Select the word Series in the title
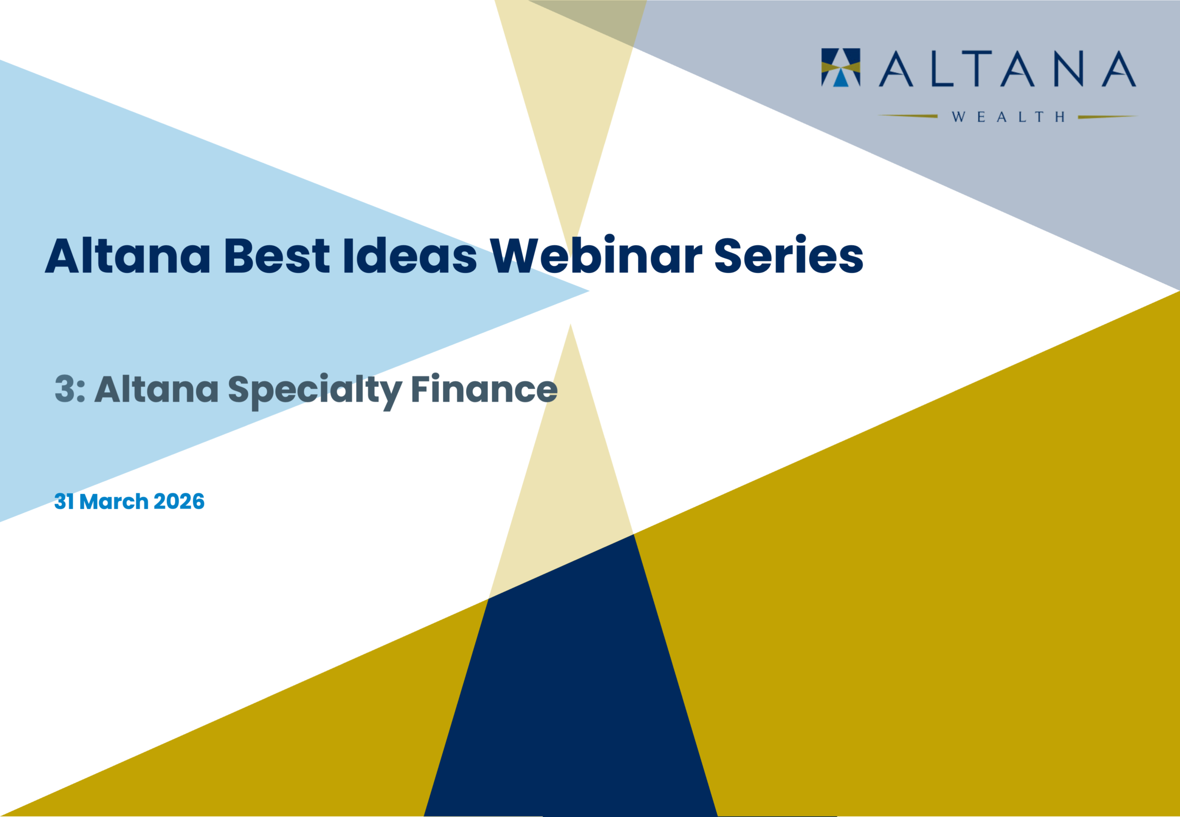789,255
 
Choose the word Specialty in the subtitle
315,391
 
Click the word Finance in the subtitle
484,389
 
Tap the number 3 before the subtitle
65,389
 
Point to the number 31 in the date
65,502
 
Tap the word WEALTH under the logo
1009,117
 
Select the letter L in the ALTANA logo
942,69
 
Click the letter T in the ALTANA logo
977,69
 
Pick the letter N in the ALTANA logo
1069,69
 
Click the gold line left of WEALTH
908,116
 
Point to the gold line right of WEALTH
1108,117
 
